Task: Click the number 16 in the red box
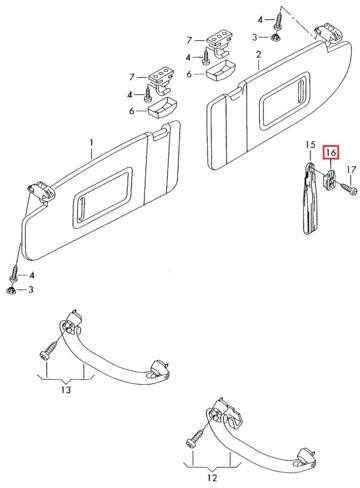point(331,153)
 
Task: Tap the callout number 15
point(310,145)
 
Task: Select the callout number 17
point(351,170)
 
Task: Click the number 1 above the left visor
point(91,143)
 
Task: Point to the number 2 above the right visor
point(259,55)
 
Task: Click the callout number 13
point(66,389)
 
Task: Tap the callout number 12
point(212,478)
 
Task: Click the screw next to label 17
point(347,188)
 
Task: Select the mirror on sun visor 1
point(101,199)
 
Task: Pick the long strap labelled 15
point(310,199)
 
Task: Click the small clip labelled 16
point(329,180)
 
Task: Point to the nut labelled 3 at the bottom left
point(12,290)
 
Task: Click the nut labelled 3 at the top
point(276,37)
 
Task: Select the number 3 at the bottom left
point(31,290)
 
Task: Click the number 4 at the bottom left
point(32,275)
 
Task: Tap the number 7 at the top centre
point(189,41)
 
